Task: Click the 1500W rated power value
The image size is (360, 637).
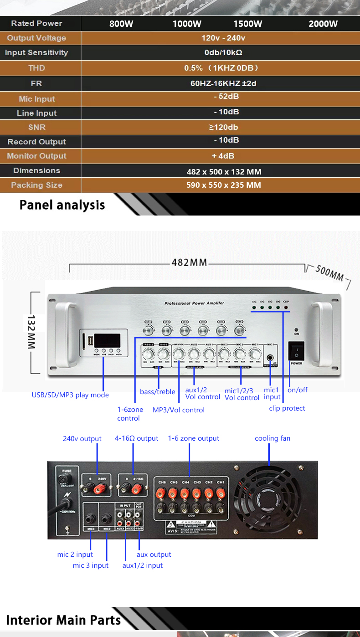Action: click(x=247, y=24)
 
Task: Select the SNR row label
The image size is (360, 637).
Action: click(x=37, y=127)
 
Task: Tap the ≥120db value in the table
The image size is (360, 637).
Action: click(x=220, y=127)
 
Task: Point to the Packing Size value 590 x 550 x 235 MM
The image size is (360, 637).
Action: click(x=224, y=185)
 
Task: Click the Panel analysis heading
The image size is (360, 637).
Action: click(x=62, y=205)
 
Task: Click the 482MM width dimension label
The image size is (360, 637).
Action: click(x=189, y=262)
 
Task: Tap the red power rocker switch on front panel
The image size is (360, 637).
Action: click(x=296, y=351)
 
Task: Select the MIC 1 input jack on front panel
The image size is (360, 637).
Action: click(x=271, y=358)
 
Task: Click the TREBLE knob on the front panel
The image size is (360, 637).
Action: click(x=148, y=354)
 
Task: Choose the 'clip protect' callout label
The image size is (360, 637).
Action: click(x=287, y=408)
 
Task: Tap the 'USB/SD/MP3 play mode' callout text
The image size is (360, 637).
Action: click(x=70, y=395)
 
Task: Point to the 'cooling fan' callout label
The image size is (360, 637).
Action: click(x=272, y=438)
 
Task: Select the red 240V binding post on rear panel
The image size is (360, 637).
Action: click(x=97, y=489)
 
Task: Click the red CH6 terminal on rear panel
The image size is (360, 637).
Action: click(x=161, y=493)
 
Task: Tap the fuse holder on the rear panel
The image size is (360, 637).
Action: click(x=64, y=480)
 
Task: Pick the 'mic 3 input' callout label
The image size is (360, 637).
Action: click(x=91, y=565)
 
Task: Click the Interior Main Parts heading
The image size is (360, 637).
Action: click(x=63, y=620)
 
